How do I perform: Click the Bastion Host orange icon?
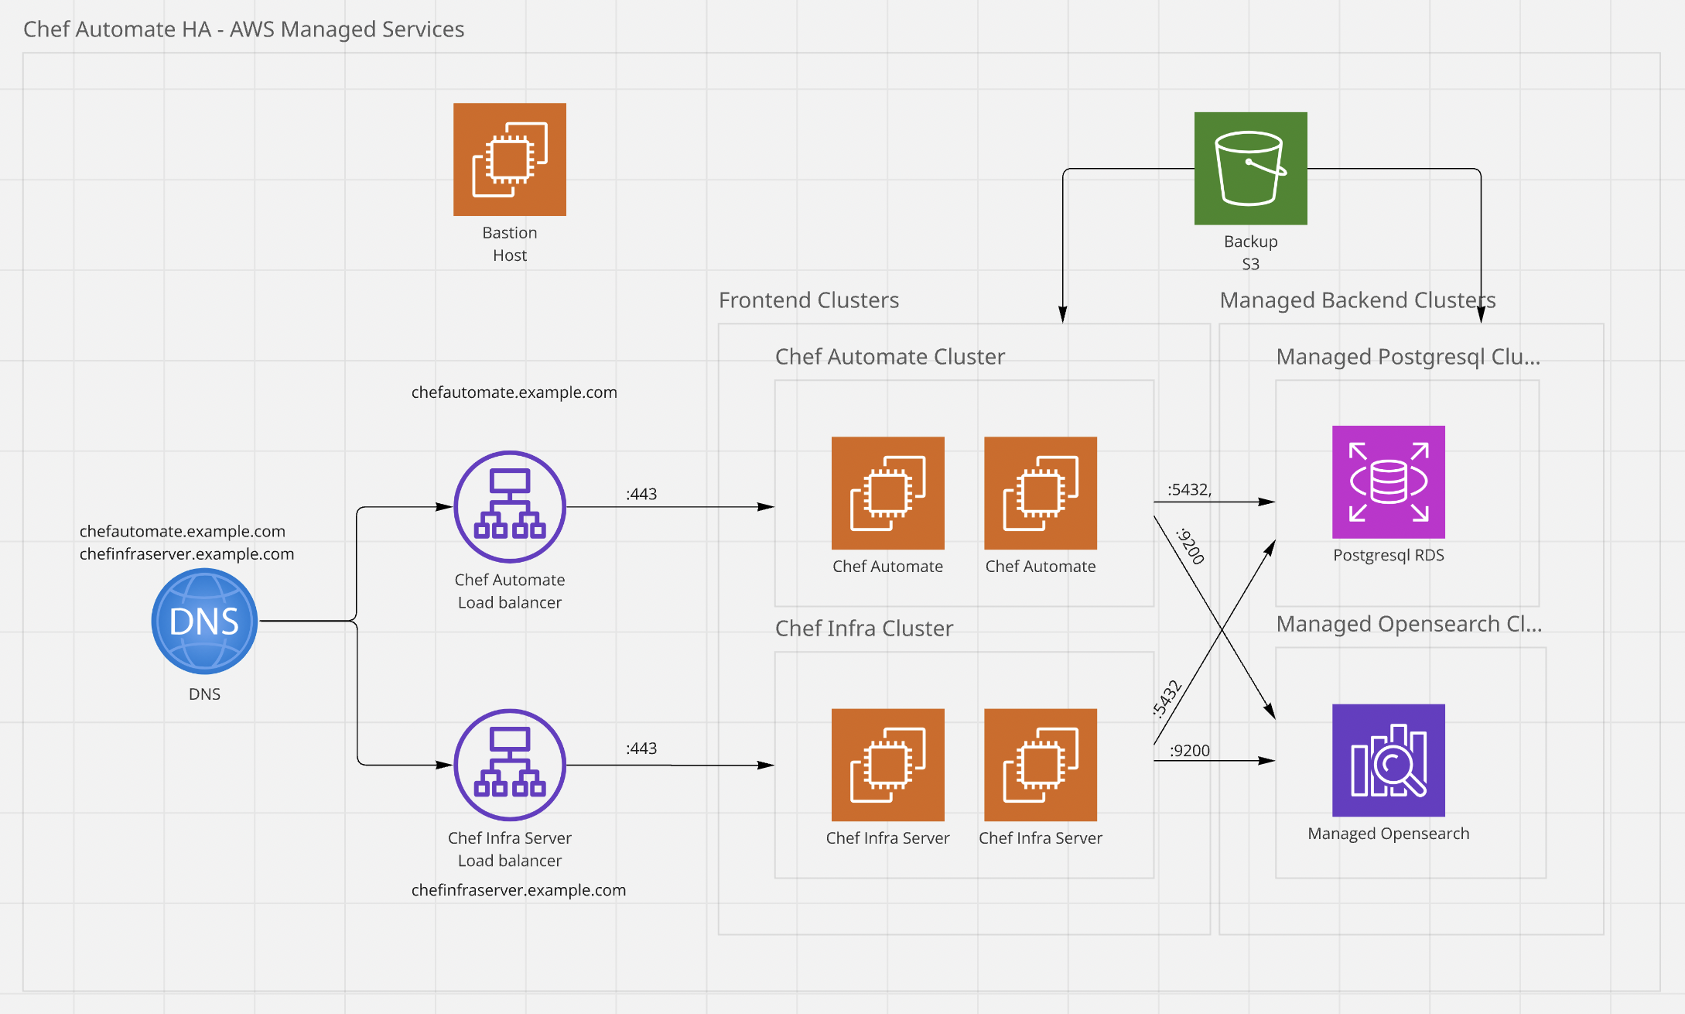click(x=509, y=159)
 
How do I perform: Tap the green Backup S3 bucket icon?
click(x=1250, y=169)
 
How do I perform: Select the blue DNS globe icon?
click(x=204, y=621)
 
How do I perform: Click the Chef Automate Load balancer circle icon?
click(x=509, y=506)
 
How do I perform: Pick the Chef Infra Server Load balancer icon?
click(x=509, y=764)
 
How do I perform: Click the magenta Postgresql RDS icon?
click(x=1388, y=481)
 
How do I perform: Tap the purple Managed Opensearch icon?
click(x=1388, y=760)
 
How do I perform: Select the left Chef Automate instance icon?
click(x=887, y=493)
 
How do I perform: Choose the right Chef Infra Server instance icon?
click(x=1040, y=765)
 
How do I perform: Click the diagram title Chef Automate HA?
click(x=243, y=29)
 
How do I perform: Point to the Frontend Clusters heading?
click(x=808, y=300)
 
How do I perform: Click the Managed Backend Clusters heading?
click(x=1357, y=300)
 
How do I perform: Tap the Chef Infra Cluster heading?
click(x=863, y=629)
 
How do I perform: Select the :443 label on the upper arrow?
click(x=641, y=494)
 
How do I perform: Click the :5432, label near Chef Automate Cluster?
click(x=1189, y=489)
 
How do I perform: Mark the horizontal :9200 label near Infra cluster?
click(x=1189, y=750)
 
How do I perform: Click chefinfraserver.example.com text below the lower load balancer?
click(x=518, y=890)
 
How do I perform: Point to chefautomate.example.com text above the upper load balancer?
click(x=514, y=392)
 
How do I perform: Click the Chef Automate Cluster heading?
click(x=890, y=357)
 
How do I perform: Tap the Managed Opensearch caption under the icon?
click(x=1388, y=834)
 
